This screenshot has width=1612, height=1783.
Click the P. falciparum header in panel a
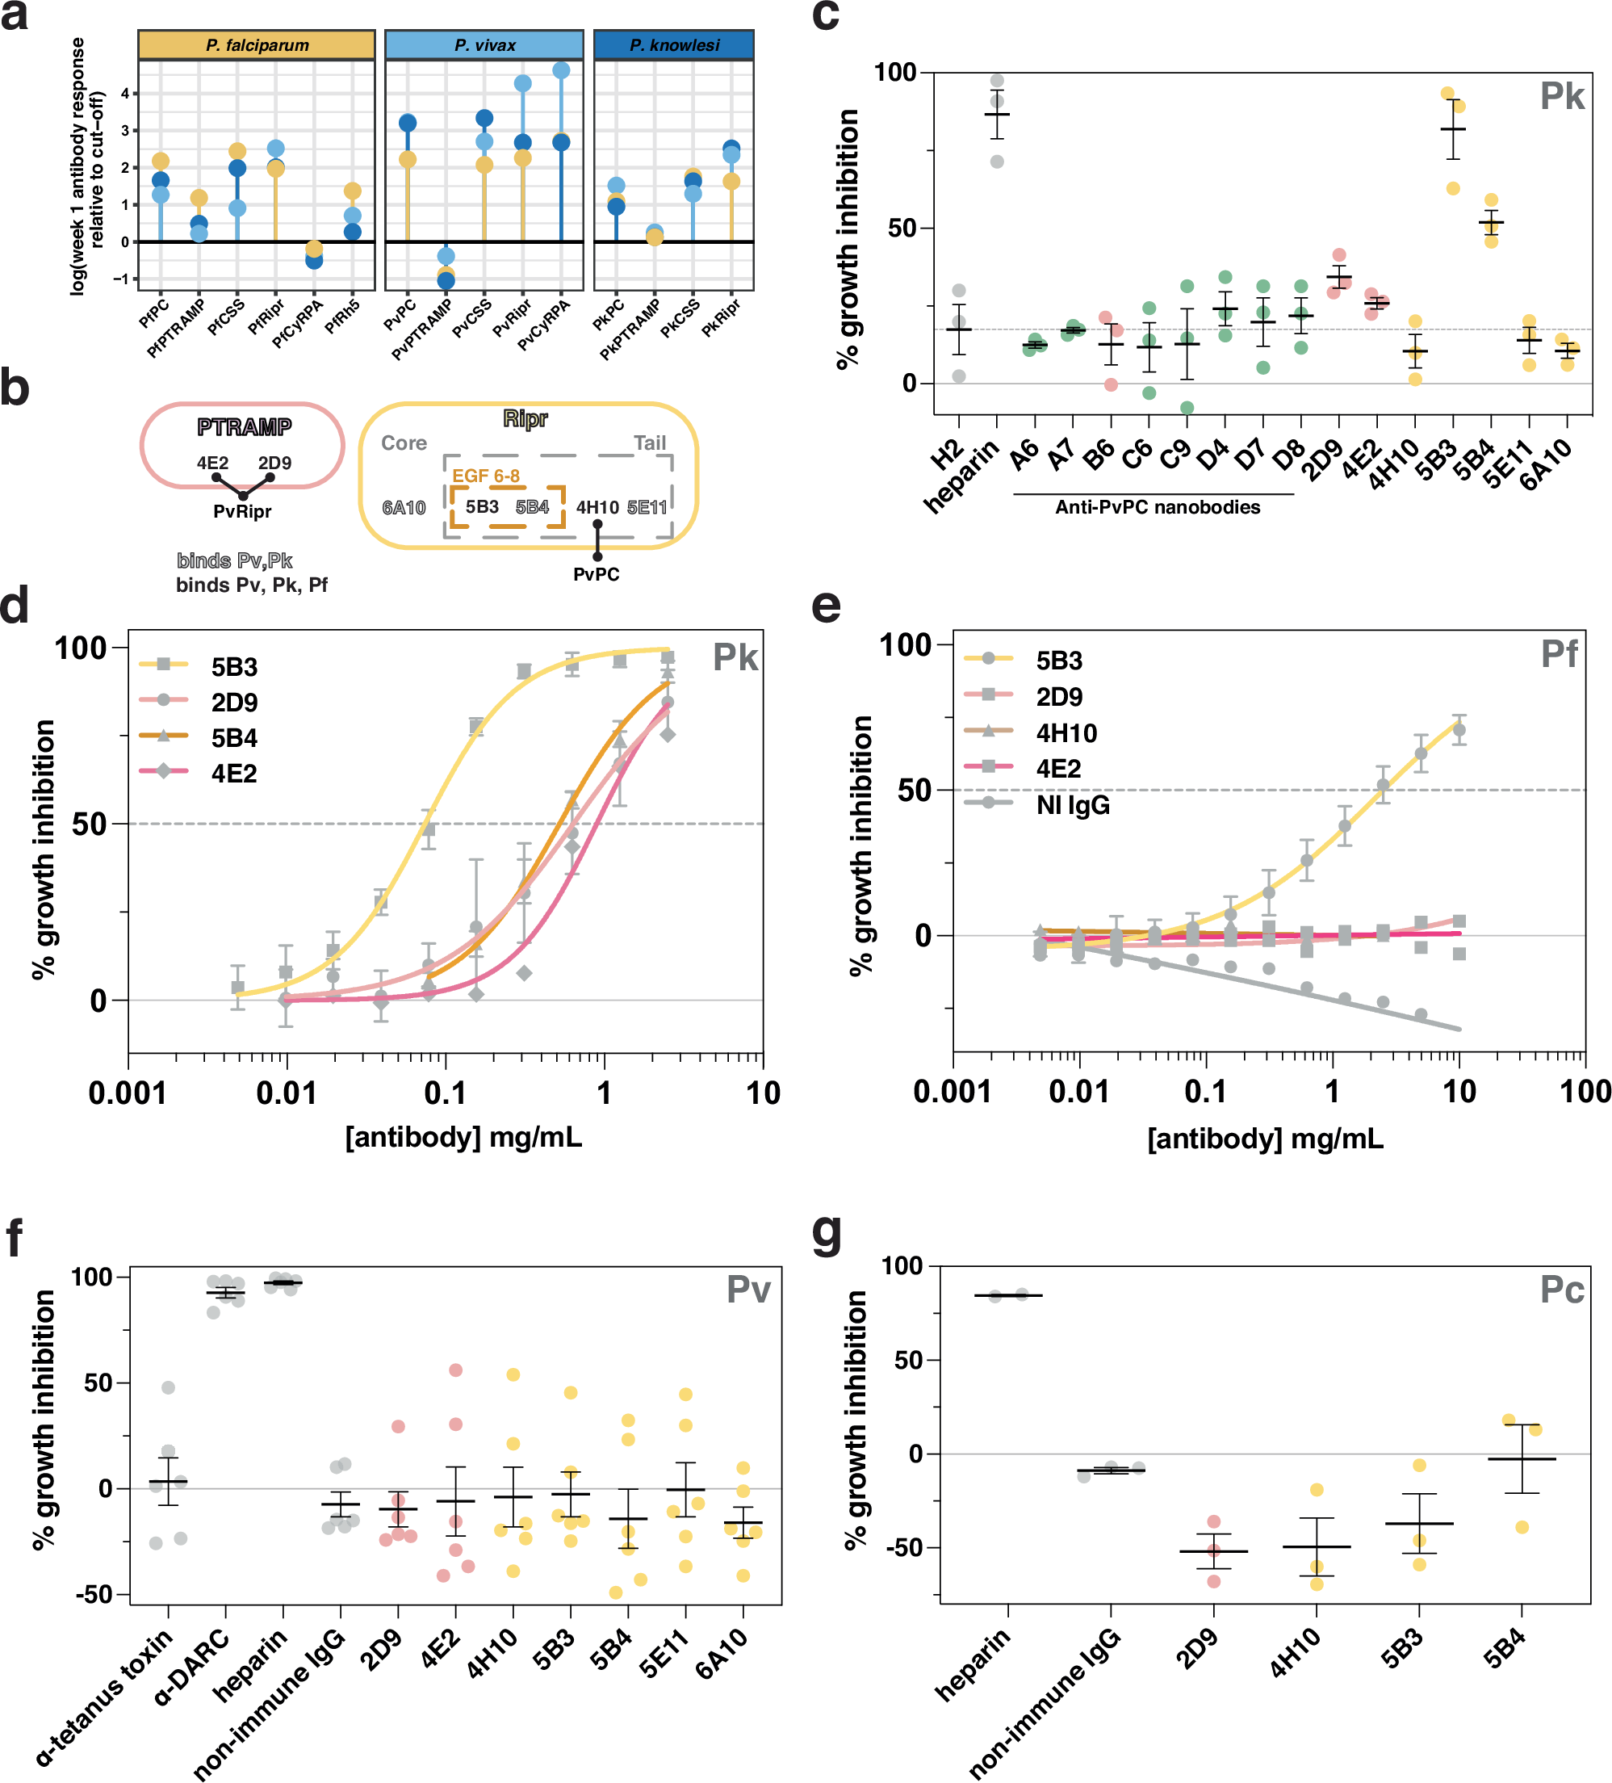[x=257, y=45]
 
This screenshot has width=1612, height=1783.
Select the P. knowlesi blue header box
[x=674, y=45]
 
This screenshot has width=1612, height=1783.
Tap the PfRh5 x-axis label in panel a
[x=342, y=317]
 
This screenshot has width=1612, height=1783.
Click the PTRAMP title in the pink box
[x=244, y=427]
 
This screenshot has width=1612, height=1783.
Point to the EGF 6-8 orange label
[x=485, y=476]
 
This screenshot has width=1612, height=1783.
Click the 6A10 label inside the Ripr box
[x=404, y=508]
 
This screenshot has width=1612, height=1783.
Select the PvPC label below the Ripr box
[x=596, y=574]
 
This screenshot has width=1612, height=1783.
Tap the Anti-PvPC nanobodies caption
[x=1157, y=508]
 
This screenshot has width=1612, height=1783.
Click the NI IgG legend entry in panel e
[x=1073, y=805]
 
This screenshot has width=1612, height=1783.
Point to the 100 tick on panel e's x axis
[x=1585, y=1093]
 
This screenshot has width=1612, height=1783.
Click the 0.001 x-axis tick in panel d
[x=128, y=1094]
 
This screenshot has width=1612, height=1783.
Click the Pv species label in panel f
[x=748, y=1290]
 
